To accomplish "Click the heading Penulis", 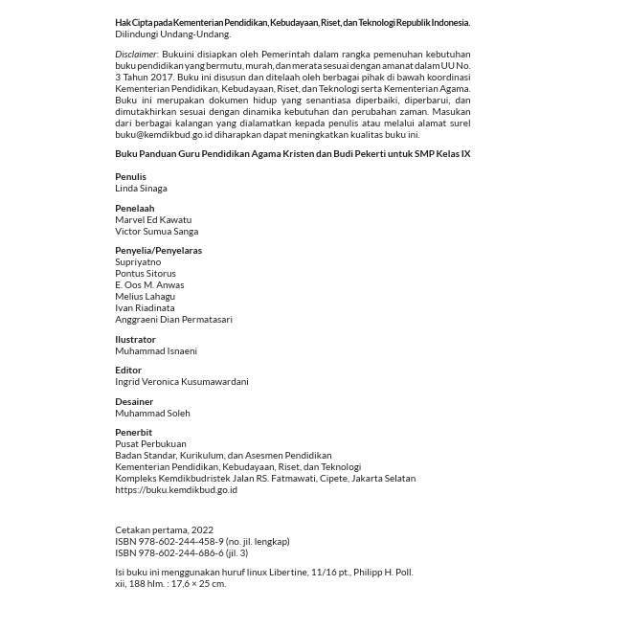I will click(130, 177).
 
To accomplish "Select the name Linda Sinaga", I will click(141, 189).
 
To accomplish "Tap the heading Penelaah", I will click(134, 209).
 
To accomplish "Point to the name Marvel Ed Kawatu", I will click(153, 220).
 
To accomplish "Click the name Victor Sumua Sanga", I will click(156, 232).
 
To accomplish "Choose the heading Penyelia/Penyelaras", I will click(158, 251).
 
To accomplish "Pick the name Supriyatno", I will click(138, 262).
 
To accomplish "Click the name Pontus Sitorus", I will click(146, 274).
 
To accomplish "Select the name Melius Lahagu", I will click(145, 297).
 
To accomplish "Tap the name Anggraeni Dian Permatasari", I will click(173, 320).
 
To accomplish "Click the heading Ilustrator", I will click(135, 340).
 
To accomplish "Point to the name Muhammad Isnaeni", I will click(156, 351).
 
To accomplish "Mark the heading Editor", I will click(128, 371).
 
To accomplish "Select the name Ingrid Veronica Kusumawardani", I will click(182, 382).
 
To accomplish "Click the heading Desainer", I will click(134, 402).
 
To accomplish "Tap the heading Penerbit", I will click(133, 433).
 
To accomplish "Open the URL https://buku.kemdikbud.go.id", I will click(176, 490).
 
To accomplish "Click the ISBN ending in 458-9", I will click(202, 542).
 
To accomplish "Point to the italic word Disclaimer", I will click(136, 55).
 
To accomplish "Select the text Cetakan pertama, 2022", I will click(164, 530).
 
